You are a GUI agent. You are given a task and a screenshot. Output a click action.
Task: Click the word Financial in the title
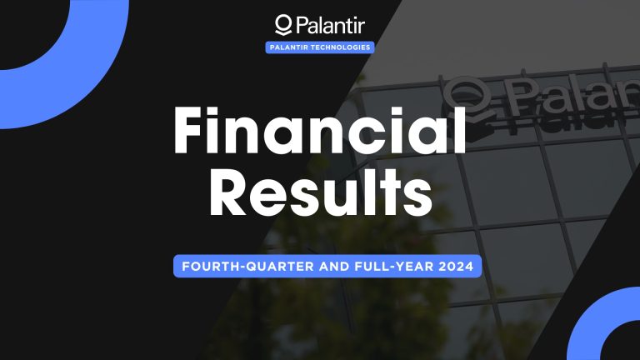click(319, 134)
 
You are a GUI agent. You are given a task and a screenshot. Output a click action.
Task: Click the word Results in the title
click(319, 197)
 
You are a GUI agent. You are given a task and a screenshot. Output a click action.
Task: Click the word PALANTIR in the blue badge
click(291, 47)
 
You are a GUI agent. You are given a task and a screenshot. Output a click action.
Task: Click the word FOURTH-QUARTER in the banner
click(235, 267)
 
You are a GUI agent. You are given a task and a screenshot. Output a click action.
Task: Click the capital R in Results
click(227, 197)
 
